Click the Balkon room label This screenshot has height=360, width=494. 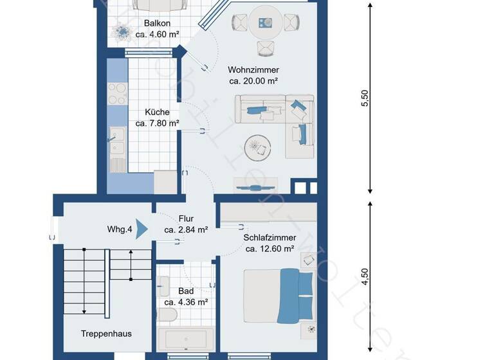pos(157,23)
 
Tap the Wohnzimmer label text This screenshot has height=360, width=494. pos(253,70)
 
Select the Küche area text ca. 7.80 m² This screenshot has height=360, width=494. pos(157,123)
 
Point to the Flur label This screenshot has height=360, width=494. pos(186,219)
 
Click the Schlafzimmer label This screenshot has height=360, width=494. pos(268,237)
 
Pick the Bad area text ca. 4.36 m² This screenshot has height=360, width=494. pos(185,302)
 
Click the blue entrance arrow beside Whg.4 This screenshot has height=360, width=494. pos(142,229)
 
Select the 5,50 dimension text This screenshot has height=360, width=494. pos(364,98)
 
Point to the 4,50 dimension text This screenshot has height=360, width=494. pos(364,276)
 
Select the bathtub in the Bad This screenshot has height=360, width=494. pos(185,339)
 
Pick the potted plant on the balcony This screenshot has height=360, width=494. pos(122,30)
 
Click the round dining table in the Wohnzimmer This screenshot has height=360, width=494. pos(265,22)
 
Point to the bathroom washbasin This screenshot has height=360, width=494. pos(164,285)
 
